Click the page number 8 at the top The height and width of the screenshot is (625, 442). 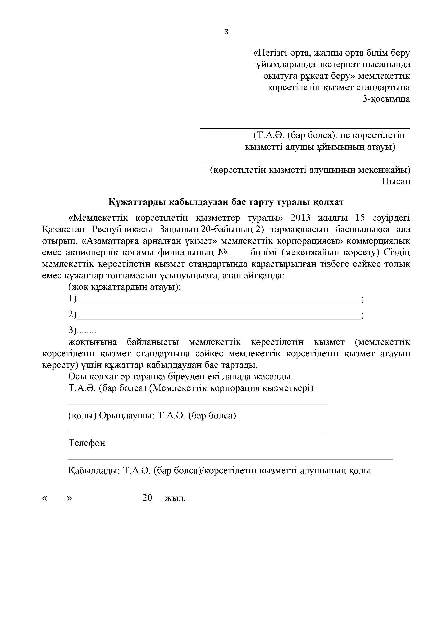point(226,32)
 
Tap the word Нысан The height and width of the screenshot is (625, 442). point(396,181)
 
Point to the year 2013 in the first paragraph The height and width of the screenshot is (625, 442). point(301,218)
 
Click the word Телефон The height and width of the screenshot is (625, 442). point(87,443)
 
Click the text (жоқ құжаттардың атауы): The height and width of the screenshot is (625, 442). point(124,287)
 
